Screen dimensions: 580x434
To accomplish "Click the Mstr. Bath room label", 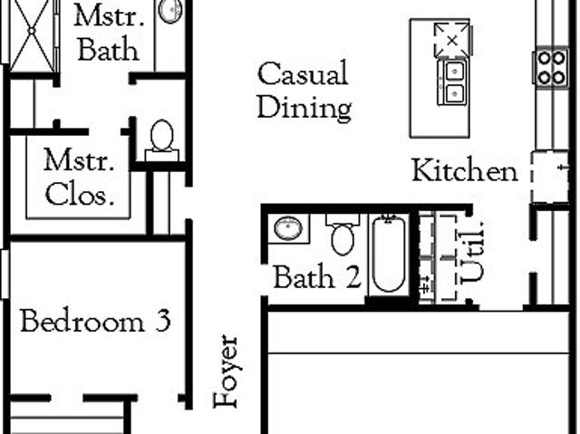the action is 109,34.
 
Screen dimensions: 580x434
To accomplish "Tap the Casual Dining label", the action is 304,91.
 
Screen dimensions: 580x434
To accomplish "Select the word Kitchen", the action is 465,170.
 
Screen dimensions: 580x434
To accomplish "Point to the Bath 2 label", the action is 316,277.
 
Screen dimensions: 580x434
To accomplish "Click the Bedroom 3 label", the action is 95,320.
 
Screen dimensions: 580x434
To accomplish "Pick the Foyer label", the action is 227,371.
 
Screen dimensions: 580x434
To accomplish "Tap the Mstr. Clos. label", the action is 79,177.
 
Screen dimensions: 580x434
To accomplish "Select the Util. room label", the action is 472,252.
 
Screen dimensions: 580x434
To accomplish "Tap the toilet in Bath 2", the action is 343,235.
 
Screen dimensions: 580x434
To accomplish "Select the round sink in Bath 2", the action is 288,228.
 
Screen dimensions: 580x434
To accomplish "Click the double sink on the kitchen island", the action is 453,82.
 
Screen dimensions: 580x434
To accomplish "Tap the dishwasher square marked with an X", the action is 452,40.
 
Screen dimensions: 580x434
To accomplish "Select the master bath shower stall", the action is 33,34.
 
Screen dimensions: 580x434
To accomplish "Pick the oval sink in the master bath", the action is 169,10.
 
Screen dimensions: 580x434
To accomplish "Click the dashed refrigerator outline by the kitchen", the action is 549,177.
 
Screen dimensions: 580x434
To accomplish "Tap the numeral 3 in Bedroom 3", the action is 163,321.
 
